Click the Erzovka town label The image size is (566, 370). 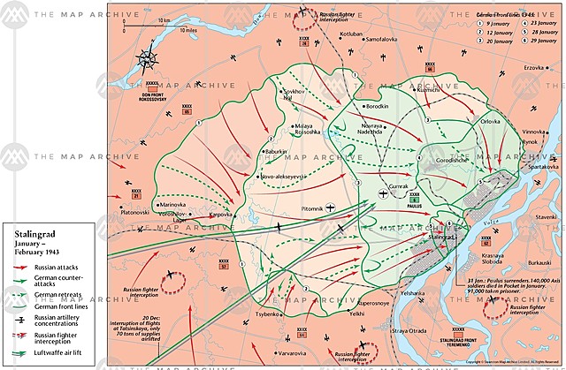(x=534, y=67)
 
